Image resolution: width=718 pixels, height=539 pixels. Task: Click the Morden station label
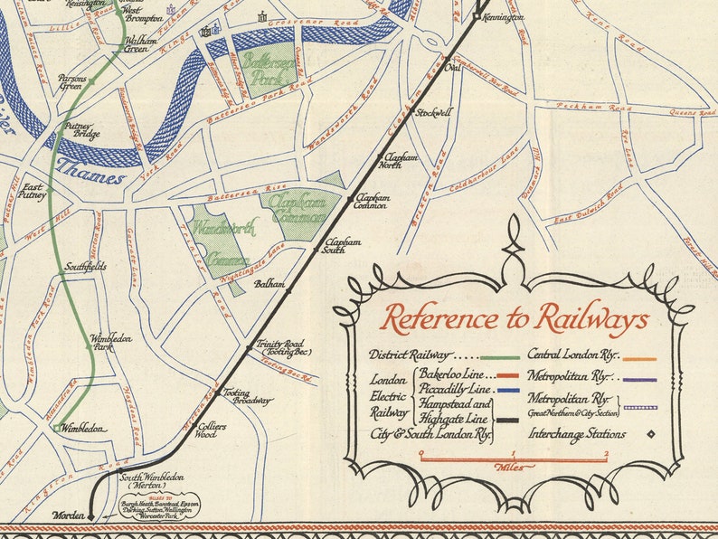(68, 515)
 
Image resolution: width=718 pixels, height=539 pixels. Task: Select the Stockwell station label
(432, 113)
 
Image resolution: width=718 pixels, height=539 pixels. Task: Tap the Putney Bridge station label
(81, 130)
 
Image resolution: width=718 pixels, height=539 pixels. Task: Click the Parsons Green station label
(72, 83)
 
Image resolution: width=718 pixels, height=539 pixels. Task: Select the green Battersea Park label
(261, 67)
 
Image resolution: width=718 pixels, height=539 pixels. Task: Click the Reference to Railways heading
(514, 319)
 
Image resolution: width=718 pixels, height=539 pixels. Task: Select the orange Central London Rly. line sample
(638, 357)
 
